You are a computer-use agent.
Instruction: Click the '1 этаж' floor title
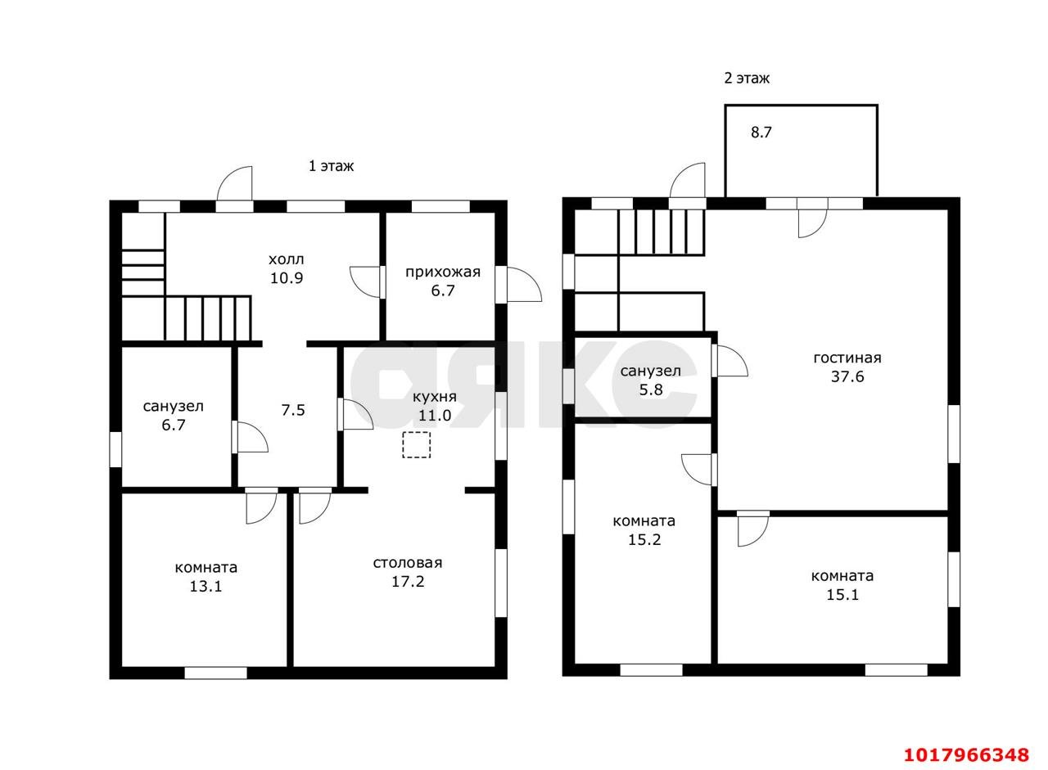[x=331, y=166]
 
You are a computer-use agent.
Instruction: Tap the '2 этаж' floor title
[x=747, y=78]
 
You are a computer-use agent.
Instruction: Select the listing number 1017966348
[x=966, y=755]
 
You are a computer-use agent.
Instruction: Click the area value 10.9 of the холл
[x=287, y=278]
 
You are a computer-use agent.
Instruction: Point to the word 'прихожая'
[x=443, y=272]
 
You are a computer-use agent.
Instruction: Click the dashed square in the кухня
[x=416, y=444]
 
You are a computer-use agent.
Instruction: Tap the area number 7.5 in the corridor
[x=293, y=410]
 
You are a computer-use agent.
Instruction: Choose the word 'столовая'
[x=408, y=563]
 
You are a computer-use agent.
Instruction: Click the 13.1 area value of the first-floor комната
[x=206, y=586]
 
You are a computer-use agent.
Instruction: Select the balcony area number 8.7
[x=761, y=133]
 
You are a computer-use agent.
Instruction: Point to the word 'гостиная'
[x=847, y=358]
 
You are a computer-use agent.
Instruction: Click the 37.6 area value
[x=847, y=377]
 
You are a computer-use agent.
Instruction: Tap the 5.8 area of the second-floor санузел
[x=651, y=390]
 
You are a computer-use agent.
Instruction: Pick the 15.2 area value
[x=644, y=540]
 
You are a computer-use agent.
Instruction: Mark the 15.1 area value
[x=842, y=595]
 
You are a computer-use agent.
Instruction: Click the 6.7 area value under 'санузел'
[x=173, y=426]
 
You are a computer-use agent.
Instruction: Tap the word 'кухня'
[x=434, y=398]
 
